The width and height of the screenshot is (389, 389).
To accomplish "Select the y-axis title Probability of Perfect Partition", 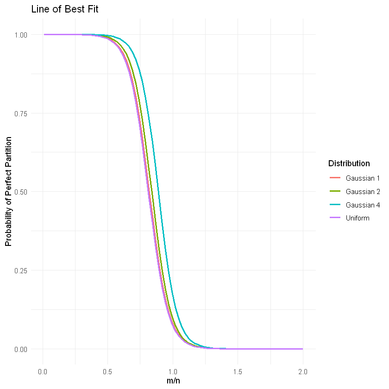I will pos(8,192).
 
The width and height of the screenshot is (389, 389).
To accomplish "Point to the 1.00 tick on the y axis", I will pos(21,35).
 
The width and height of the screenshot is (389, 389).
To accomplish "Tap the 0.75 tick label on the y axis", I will pos(21,113).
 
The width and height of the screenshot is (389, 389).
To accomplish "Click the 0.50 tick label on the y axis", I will pos(21,192).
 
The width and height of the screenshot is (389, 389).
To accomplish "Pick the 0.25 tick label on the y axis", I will pos(21,270).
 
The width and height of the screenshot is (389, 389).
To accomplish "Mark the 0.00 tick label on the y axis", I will pos(21,349).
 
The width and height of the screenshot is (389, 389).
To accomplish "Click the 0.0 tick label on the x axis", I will pos(43,371).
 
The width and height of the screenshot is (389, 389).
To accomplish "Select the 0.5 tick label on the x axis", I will pos(108,371).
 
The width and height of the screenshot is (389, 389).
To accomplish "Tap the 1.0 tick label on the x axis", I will pos(173,371).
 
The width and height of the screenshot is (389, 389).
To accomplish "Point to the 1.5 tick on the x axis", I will pos(238,371).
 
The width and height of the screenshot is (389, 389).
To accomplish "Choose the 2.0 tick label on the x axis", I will pos(302,371).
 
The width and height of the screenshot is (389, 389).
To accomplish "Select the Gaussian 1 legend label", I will pos(363,178).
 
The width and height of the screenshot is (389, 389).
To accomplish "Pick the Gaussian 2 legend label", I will pos(363,191).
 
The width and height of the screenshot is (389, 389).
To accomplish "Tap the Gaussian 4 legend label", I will pos(363,205).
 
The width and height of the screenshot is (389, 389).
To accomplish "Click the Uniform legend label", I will pos(358,218).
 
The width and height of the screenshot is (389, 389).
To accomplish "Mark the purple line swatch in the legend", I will pos(335,218).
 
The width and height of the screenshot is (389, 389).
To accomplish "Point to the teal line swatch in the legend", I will pos(335,205).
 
